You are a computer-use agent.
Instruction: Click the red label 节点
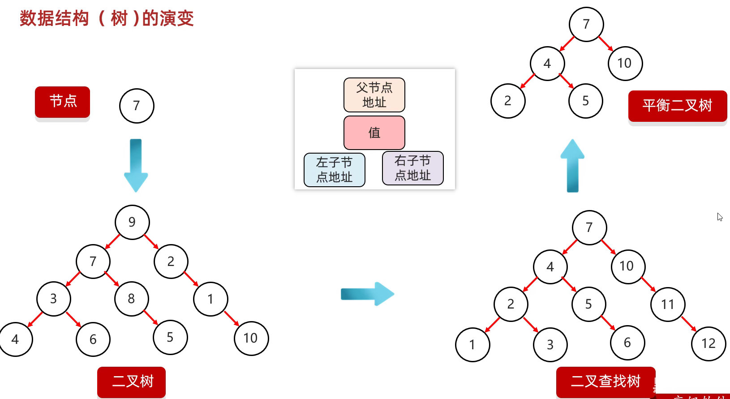(x=63, y=102)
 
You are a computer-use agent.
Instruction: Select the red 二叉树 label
(x=132, y=382)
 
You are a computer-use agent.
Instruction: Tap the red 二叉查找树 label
(x=605, y=382)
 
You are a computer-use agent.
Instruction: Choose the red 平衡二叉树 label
(x=677, y=106)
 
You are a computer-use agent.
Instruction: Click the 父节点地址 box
(x=374, y=95)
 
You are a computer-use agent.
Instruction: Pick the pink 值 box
(x=374, y=133)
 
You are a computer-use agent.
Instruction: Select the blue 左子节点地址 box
(x=335, y=170)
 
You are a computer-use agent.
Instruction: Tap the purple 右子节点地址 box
(x=412, y=168)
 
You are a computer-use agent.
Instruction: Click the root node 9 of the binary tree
(x=132, y=222)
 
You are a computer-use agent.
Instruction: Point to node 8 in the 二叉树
(x=132, y=299)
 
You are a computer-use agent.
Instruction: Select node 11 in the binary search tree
(x=668, y=305)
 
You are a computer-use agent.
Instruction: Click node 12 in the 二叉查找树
(x=709, y=343)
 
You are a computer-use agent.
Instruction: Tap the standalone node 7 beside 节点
(x=137, y=106)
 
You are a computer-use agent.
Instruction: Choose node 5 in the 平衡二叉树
(x=585, y=101)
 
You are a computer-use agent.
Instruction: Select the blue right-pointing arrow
(x=367, y=294)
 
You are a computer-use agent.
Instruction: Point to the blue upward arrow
(x=572, y=165)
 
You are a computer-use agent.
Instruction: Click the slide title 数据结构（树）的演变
(x=107, y=19)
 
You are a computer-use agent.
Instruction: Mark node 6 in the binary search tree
(x=627, y=343)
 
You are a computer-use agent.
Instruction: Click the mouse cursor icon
(x=719, y=217)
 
